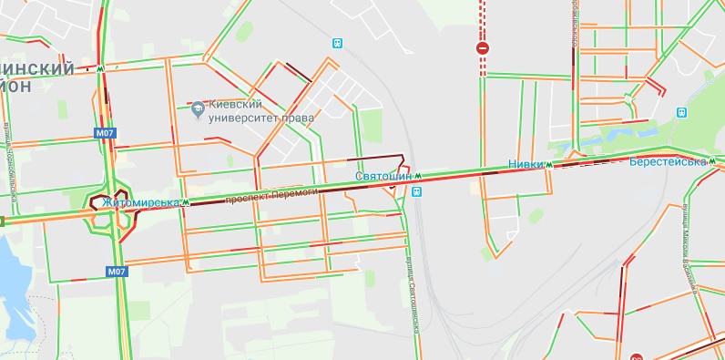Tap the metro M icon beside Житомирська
[185, 202]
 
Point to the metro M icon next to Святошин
[419, 175]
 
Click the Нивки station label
[525, 165]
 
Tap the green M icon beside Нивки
[549, 165]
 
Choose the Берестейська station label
[668, 161]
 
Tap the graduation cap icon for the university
[198, 111]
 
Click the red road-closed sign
[483, 47]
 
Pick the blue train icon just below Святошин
[416, 192]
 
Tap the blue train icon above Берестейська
[682, 113]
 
